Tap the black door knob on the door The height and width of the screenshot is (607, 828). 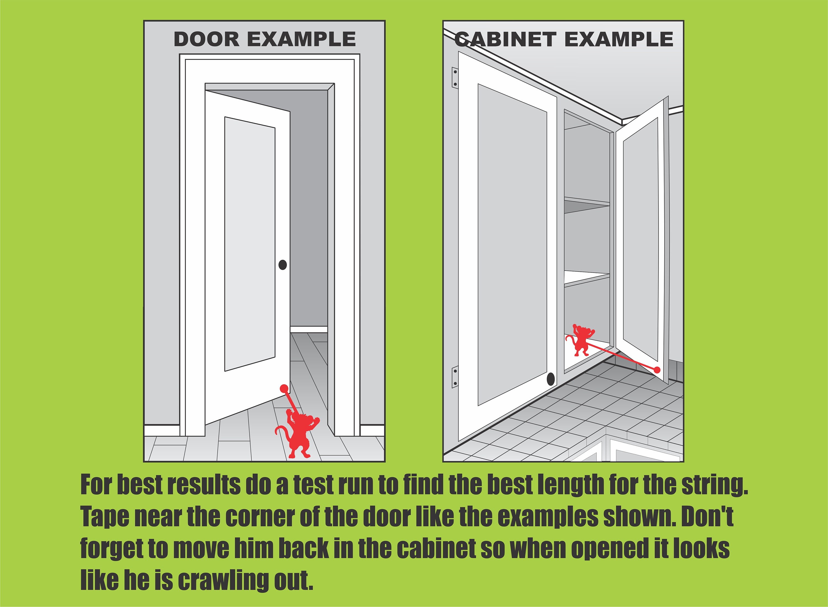point(283,265)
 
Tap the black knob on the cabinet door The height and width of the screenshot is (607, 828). point(551,379)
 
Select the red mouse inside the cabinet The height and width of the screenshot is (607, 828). point(580,340)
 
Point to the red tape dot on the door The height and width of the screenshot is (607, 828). point(284,388)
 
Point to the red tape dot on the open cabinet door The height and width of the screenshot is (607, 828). point(657,370)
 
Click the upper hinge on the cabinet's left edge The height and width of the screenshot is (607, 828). point(455,78)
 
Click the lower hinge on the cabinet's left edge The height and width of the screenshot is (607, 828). point(455,377)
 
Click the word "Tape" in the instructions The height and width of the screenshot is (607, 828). point(104,517)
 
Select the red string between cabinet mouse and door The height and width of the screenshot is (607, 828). point(621,357)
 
